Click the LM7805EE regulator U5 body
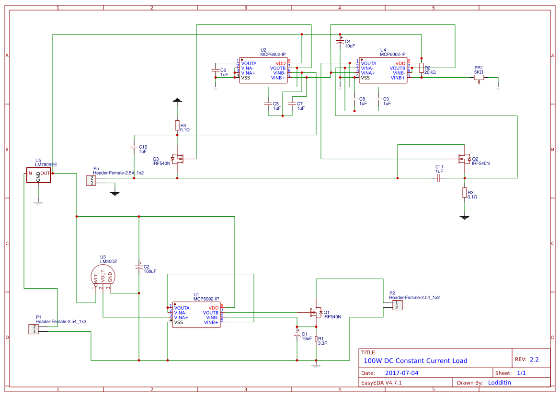point(38,175)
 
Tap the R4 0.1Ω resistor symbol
point(177,126)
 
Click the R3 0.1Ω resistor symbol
point(464,192)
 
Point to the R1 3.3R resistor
point(316,339)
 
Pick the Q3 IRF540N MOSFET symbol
point(178,158)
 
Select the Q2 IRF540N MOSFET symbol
point(463,159)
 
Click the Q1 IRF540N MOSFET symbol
point(315,312)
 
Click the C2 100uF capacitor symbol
point(139,269)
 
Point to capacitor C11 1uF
point(438,178)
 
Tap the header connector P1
point(34,329)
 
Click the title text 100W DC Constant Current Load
point(415,361)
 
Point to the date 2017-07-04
point(401,373)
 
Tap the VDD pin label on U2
point(280,63)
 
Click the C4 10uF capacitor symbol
point(340,43)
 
